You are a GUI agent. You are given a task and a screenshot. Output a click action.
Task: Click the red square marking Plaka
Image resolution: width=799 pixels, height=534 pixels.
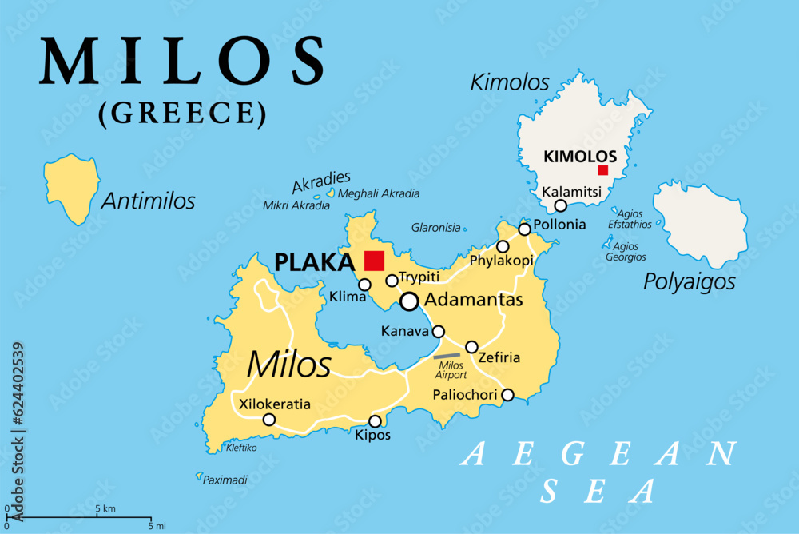point(374,261)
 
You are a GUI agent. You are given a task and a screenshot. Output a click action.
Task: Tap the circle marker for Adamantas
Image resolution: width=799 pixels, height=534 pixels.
point(410,301)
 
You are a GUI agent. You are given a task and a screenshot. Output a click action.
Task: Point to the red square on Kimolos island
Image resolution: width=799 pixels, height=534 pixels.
point(603,170)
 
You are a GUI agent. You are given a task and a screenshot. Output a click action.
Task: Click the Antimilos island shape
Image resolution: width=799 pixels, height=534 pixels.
point(72,187)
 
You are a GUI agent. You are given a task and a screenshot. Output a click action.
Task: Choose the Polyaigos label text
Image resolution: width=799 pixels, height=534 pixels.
point(690,281)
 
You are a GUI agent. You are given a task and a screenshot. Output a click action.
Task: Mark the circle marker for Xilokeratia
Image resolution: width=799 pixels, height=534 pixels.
point(269,420)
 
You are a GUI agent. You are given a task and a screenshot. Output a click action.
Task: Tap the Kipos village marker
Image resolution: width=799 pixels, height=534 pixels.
point(375,421)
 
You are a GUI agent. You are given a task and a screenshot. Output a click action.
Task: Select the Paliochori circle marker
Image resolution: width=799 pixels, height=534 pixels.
point(507,394)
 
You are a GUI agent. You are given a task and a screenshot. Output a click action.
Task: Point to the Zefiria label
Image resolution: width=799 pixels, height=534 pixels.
point(499,357)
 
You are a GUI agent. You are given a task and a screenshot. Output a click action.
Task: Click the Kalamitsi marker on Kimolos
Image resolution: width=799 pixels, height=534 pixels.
point(561,205)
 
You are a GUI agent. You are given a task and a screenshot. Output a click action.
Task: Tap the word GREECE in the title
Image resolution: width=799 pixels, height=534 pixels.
point(182,113)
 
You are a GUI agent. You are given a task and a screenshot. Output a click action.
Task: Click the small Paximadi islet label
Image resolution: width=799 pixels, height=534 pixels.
point(226,480)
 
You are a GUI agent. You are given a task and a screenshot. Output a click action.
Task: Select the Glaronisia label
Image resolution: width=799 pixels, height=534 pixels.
point(435,227)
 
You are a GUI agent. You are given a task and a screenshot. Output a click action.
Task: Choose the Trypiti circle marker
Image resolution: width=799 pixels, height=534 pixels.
point(392,281)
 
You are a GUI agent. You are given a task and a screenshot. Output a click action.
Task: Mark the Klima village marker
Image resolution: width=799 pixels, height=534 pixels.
point(364,285)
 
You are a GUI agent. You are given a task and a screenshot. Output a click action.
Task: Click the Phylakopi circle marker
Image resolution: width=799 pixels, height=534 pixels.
point(503,246)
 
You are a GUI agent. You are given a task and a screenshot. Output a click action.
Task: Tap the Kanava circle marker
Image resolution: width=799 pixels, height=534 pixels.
point(439,331)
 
